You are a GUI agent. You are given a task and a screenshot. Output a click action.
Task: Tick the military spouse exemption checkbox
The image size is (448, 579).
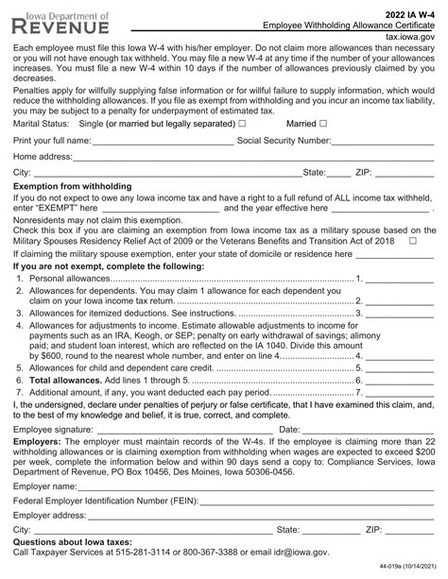tap(413, 242)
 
